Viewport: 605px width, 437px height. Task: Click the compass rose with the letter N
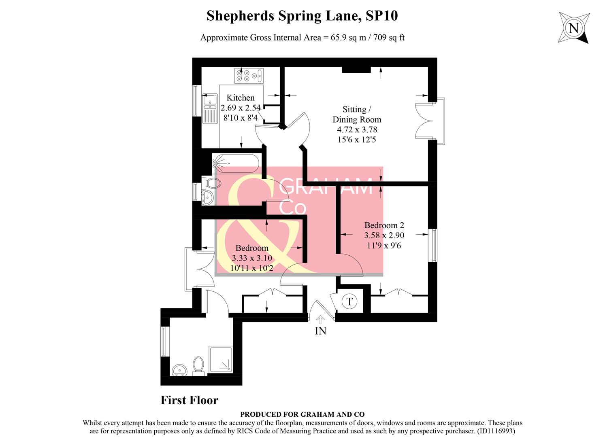click(573, 28)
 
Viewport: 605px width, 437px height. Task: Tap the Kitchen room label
click(241, 98)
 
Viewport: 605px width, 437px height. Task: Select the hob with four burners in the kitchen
click(249, 75)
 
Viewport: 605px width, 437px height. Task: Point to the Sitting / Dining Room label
click(356, 114)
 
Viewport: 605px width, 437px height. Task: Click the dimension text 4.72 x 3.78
click(357, 129)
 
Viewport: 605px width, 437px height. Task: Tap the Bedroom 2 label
click(384, 225)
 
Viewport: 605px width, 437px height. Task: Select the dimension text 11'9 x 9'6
click(383, 245)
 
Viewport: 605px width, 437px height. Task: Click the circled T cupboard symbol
click(349, 301)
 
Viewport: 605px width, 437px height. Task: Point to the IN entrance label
click(320, 331)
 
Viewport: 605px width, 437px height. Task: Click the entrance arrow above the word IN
click(320, 320)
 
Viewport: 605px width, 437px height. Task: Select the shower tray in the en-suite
click(221, 359)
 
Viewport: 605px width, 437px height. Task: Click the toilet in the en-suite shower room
click(198, 365)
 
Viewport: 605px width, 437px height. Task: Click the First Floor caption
click(190, 400)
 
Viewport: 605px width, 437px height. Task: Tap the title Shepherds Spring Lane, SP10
click(302, 16)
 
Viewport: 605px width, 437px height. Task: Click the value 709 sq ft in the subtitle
click(389, 38)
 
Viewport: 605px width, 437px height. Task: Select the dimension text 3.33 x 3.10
click(251, 258)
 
